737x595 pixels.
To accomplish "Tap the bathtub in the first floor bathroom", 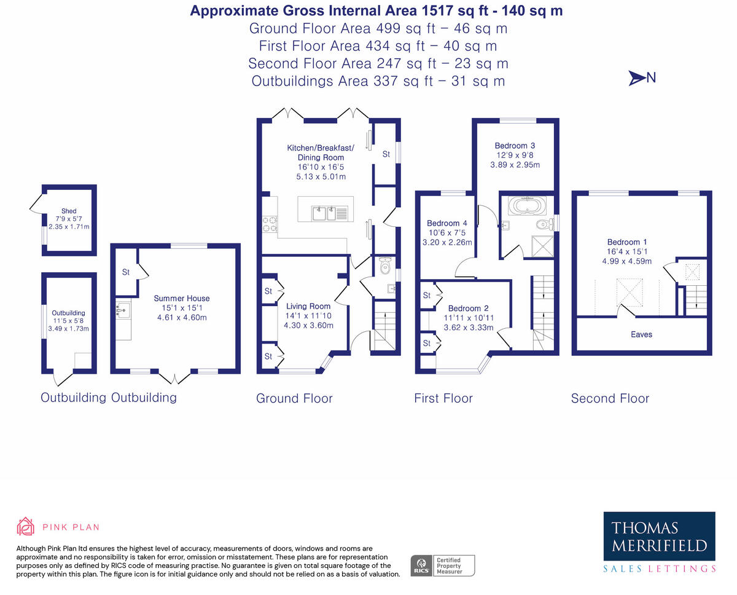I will (529, 205).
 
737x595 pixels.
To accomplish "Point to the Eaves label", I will (641, 334).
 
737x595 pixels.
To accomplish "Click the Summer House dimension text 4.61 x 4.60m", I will (181, 318).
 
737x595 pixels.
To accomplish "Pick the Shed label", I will (69, 211).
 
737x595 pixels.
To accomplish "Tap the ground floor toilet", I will (386, 267).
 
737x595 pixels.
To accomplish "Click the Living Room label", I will (308, 306).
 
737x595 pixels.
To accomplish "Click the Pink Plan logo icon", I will (26, 527).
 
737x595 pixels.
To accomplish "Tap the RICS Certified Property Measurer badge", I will (443, 565).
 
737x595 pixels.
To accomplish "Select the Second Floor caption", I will (610, 398).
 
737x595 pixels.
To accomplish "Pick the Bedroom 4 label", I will (447, 223).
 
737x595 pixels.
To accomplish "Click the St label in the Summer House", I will (125, 272).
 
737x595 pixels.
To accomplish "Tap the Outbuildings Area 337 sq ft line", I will (378, 81).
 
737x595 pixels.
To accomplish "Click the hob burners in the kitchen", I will (269, 224).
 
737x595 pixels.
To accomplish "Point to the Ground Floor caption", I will (294, 398).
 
